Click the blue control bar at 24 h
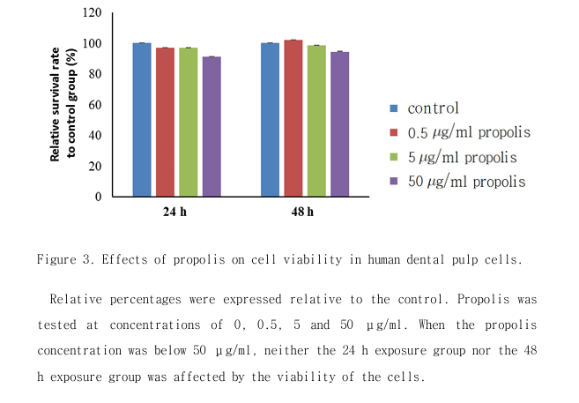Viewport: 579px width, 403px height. pos(142,119)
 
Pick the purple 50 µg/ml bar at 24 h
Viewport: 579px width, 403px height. pos(211,126)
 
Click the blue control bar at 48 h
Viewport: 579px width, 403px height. pos(270,119)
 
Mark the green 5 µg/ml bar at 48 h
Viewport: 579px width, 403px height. pos(315,121)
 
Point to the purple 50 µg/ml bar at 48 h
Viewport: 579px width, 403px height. pos(338,124)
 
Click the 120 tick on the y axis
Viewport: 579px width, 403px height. pos(93,13)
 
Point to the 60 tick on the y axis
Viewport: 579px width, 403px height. pos(95,105)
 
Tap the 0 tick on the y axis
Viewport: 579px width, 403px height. pos(98,197)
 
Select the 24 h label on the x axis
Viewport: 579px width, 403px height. pos(173,213)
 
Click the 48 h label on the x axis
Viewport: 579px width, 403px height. pos(302,213)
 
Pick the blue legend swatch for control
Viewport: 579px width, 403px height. pos(396,108)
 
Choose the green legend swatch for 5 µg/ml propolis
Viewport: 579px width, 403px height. pos(396,157)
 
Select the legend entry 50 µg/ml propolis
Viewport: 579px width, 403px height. pos(466,182)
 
